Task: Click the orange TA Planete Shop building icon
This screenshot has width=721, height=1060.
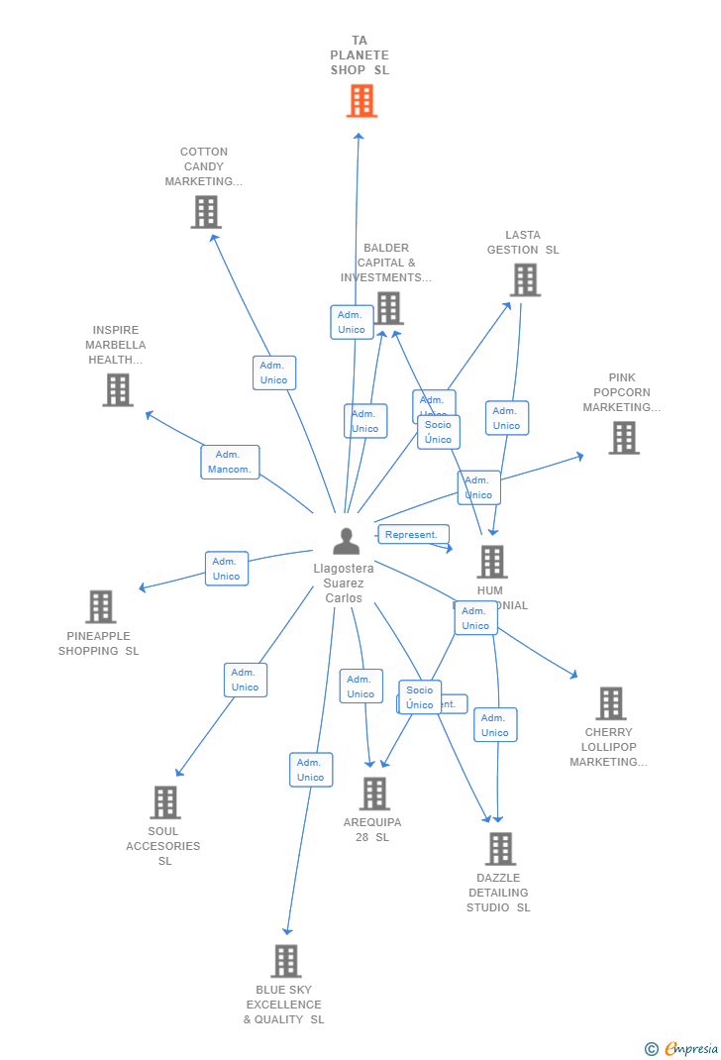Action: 361,100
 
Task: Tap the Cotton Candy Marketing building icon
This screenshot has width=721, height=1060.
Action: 206,212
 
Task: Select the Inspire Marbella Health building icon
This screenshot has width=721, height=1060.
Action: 118,389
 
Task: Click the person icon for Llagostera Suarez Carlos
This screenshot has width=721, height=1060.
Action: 346,541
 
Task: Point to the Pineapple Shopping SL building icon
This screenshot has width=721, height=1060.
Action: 100,606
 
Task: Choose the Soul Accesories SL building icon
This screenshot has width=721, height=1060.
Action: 164,802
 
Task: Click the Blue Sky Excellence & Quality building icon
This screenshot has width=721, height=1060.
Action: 285,961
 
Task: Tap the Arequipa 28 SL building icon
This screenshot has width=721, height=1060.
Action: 374,794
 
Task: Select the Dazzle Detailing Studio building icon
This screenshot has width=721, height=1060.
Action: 500,849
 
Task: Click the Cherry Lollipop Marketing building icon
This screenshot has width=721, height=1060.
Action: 610,703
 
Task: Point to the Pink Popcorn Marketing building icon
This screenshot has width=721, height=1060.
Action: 623,438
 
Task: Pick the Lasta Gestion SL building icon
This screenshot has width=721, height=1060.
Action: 525,280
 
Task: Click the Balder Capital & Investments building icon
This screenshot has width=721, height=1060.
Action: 388,308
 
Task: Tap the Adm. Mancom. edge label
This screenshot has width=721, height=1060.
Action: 230,462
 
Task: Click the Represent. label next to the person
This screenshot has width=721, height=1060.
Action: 412,535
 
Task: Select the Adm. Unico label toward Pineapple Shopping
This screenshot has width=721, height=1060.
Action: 226,569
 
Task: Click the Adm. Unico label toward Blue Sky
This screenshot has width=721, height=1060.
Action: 310,770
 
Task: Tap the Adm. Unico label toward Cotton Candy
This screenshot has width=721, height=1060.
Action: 273,372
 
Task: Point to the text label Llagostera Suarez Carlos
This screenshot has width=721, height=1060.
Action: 344,583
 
